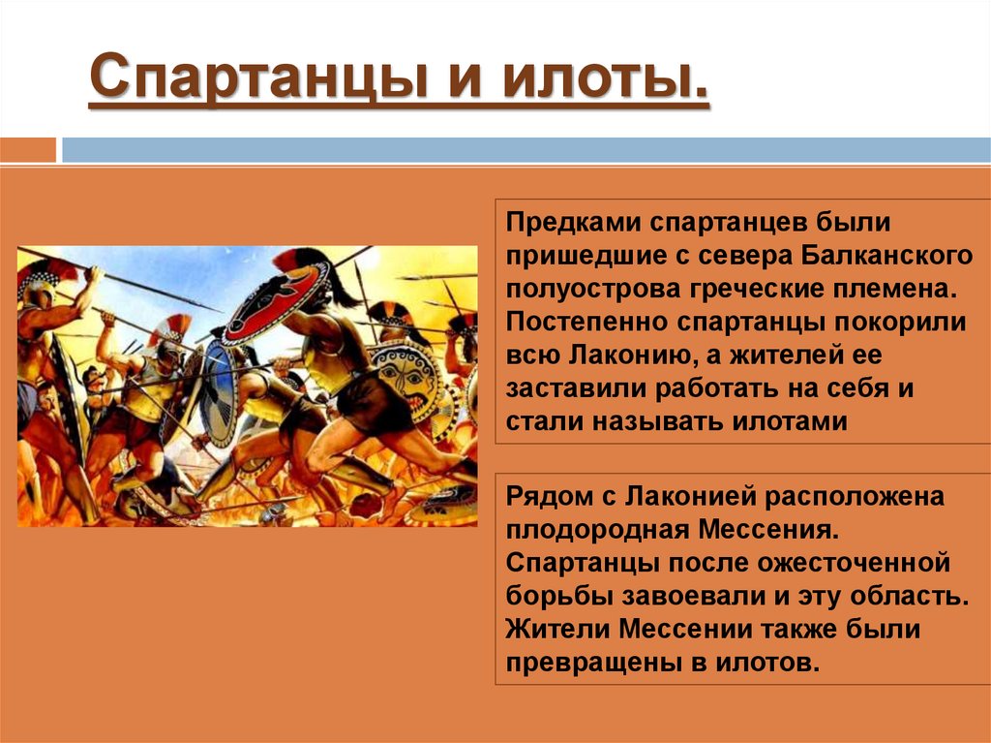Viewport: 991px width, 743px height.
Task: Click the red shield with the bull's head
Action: pyautogui.click(x=276, y=301)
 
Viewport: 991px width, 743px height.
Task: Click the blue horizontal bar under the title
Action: pyautogui.click(x=523, y=150)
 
